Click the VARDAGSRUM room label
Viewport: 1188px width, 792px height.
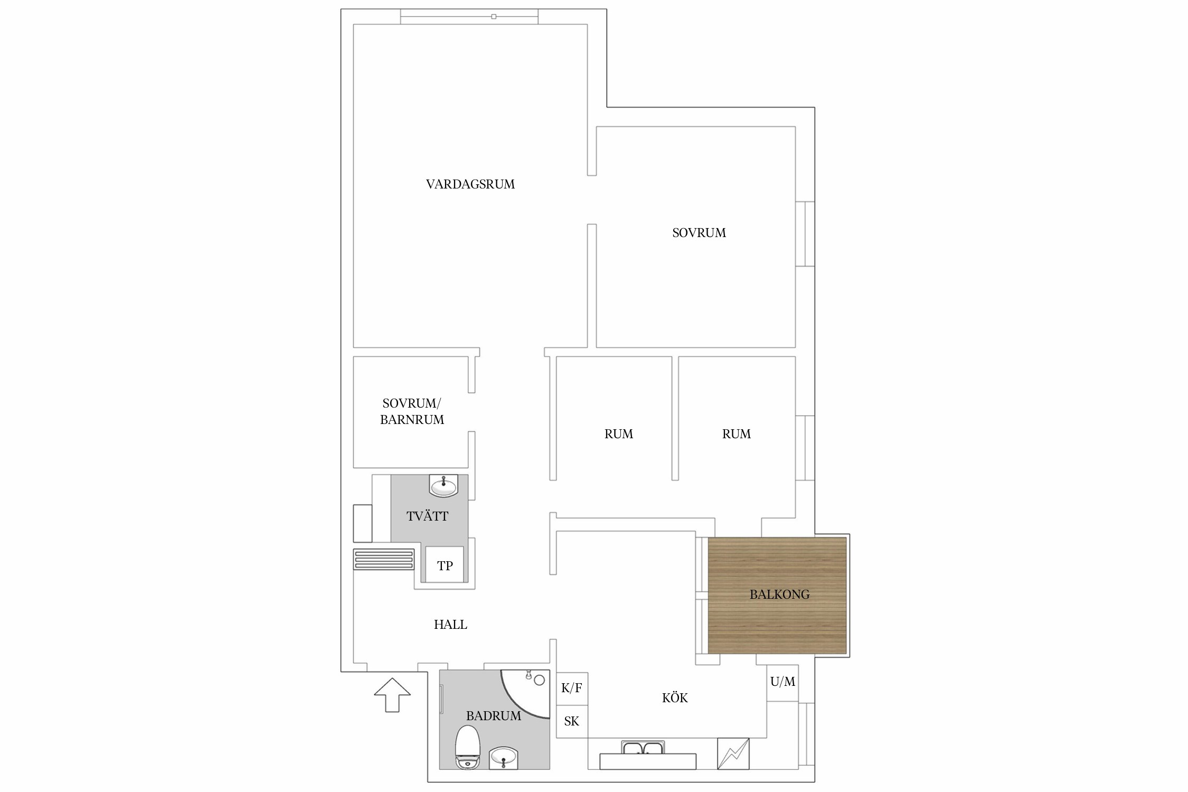point(470,184)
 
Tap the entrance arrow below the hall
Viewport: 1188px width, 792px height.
point(392,695)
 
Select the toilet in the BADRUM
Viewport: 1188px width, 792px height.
point(467,747)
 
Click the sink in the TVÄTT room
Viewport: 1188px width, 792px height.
point(444,486)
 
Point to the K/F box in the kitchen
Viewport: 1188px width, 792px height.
point(572,688)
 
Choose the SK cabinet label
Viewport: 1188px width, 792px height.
point(571,721)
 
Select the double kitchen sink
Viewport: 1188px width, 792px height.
point(643,748)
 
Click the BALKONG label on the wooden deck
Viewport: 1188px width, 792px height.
point(779,595)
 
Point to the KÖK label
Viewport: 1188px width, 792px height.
point(675,698)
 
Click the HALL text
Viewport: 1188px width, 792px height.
point(450,625)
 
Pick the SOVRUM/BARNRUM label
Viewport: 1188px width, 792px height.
point(412,411)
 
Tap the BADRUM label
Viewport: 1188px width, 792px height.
point(493,716)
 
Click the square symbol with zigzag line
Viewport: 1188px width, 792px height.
point(733,753)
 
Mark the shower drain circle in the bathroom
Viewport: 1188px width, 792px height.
point(539,680)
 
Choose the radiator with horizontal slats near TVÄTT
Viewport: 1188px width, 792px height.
point(384,560)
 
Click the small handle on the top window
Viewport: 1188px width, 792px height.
point(494,17)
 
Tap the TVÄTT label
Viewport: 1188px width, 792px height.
point(427,516)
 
